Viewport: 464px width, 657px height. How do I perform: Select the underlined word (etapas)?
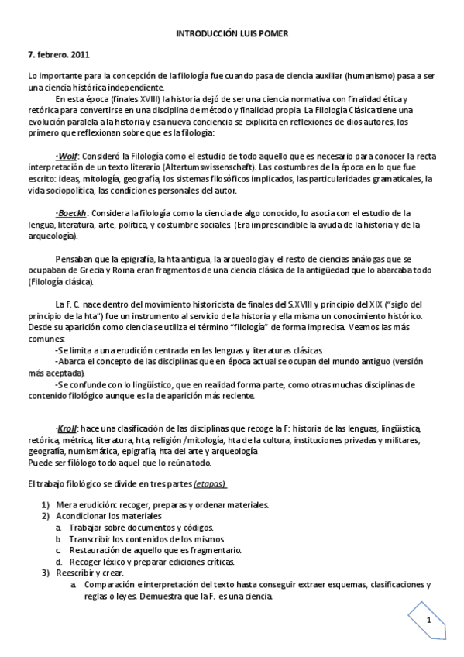point(209,483)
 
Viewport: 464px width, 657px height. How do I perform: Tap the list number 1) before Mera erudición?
point(45,505)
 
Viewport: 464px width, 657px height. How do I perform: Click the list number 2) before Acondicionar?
point(45,516)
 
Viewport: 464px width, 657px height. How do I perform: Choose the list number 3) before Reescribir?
point(45,573)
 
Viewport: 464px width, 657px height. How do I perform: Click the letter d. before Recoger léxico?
point(59,561)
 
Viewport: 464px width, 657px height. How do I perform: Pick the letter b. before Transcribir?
point(59,538)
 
